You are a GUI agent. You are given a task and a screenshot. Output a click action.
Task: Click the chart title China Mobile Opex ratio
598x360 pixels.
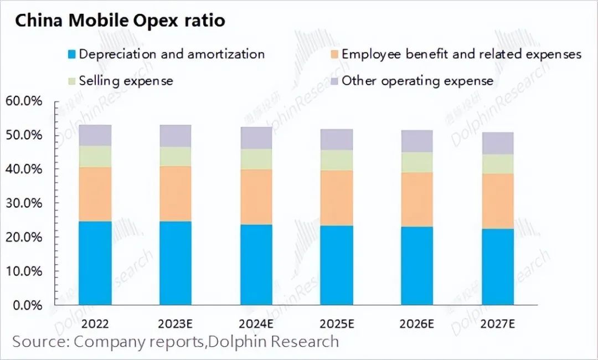[x=120, y=21]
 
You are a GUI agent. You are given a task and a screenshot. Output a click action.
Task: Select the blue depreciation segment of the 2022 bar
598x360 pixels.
[x=95, y=263]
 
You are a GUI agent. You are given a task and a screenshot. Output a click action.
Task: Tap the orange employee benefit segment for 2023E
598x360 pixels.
[x=176, y=193]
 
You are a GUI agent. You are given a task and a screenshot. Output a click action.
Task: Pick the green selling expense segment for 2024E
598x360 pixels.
[x=256, y=159]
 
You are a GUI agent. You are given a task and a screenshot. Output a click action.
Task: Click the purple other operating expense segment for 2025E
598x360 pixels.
[x=337, y=140]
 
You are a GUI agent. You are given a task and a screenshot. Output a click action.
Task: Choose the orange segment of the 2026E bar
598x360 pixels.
[x=417, y=199]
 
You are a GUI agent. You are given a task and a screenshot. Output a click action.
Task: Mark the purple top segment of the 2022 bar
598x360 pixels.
[x=95, y=135]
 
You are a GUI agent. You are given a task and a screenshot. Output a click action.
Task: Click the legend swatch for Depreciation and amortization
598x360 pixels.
[x=71, y=54]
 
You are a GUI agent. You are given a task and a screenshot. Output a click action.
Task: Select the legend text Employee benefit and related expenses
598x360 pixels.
[x=461, y=54]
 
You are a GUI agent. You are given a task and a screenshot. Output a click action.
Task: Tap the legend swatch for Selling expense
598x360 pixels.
[x=71, y=81]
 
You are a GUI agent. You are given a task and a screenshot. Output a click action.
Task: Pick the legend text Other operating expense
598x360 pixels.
[x=417, y=81]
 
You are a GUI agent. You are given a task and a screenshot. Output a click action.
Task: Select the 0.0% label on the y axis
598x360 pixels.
[x=27, y=305]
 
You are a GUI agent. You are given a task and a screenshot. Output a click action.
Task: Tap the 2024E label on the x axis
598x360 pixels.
[x=256, y=323]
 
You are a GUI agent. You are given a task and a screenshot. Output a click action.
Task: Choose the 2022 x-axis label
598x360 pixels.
[x=95, y=323]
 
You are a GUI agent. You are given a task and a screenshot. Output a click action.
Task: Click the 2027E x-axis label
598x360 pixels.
[x=498, y=323]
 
